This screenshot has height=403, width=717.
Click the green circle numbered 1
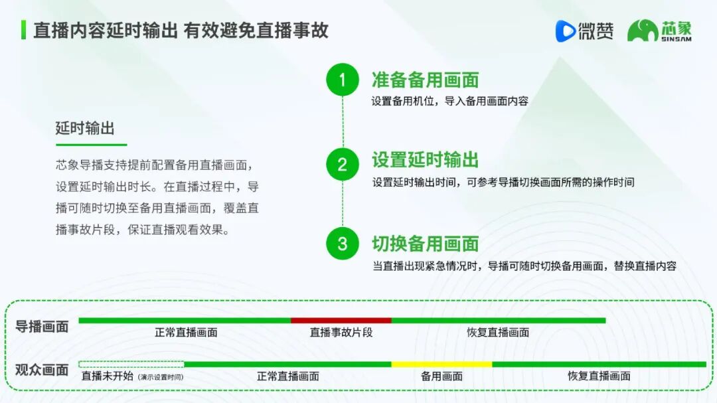coord(343,80)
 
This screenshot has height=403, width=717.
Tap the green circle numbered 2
coord(343,164)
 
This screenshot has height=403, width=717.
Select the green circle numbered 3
coord(343,243)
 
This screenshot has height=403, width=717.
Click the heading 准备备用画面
coord(425,80)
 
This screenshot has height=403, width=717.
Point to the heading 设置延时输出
coord(425,160)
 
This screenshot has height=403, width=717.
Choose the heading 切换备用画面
coord(425,244)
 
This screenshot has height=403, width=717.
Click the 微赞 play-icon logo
coord(566,31)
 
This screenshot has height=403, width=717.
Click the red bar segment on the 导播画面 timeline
coord(341,321)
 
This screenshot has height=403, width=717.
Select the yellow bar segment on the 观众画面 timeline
coord(441,364)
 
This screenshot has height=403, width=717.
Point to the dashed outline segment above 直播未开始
coord(131,364)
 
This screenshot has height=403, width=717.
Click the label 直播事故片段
coord(341,332)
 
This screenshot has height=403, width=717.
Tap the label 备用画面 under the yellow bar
coord(441,376)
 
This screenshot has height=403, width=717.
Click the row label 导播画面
coord(42,327)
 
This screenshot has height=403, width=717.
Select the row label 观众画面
coord(42,370)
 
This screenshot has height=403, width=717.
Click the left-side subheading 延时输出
coord(85,129)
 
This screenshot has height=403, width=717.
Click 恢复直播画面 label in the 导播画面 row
coord(498,332)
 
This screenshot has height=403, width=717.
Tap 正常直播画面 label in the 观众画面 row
coord(287,376)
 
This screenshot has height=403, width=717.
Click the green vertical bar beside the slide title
coord(24,30)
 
